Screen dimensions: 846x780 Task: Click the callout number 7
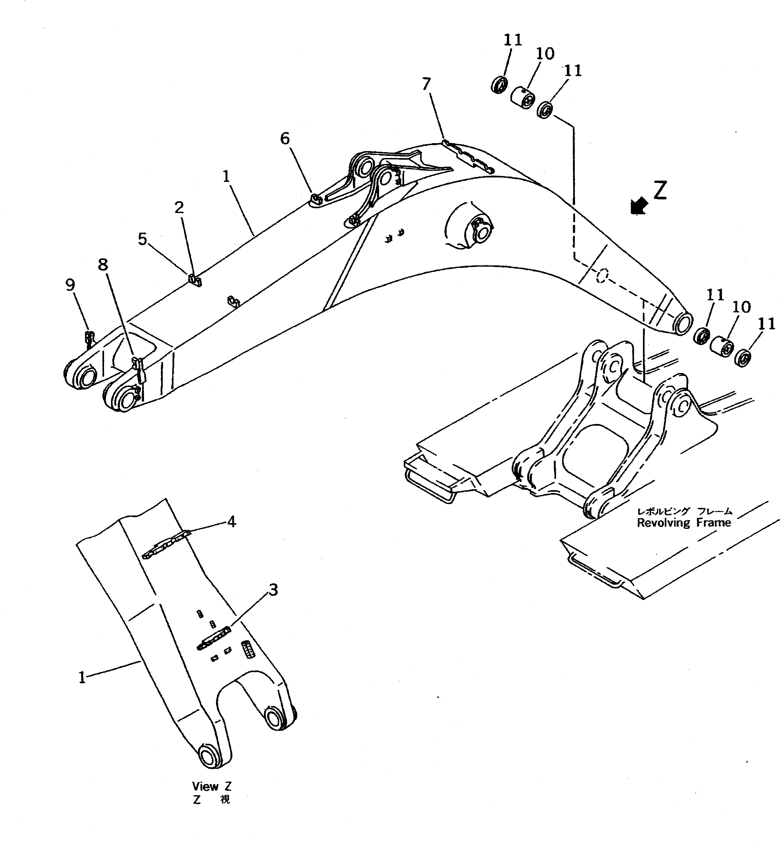click(426, 84)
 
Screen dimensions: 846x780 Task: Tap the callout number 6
click(285, 138)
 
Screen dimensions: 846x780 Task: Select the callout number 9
click(70, 285)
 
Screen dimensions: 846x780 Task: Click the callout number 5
click(143, 239)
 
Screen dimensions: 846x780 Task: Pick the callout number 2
click(180, 207)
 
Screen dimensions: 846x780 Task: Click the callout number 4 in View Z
click(231, 522)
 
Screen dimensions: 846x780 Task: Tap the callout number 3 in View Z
click(273, 590)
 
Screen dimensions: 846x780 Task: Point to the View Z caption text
click(212, 786)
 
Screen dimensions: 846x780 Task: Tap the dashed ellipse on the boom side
click(601, 275)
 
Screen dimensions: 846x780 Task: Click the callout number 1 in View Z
click(82, 678)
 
